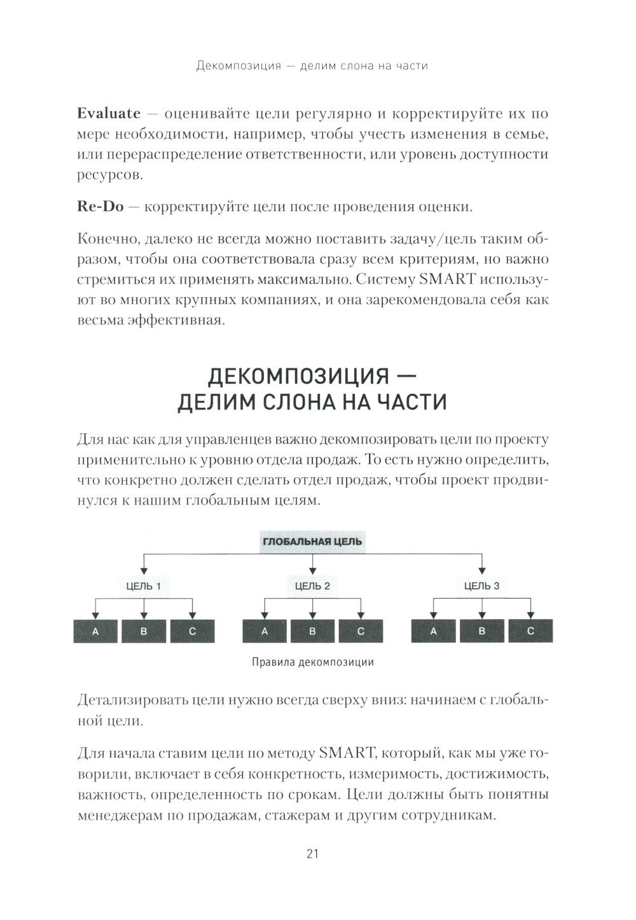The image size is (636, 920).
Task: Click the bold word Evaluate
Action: click(108, 114)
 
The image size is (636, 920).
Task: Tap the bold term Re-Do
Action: click(100, 207)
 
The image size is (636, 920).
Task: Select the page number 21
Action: click(312, 853)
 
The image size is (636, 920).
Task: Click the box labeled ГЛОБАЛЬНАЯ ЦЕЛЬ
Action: click(312, 541)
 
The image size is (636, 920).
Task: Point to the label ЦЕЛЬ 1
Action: click(144, 586)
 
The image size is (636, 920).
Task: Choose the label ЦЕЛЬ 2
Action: click(312, 586)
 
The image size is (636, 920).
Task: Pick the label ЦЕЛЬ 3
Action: click(481, 586)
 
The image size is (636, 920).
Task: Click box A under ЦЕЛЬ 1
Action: click(96, 631)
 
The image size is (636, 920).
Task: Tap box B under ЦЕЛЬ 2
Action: click(312, 631)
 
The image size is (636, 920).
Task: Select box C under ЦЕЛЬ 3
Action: click(530, 631)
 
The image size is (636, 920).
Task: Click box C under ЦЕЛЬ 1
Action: click(193, 631)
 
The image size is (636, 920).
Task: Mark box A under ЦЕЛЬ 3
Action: click(434, 631)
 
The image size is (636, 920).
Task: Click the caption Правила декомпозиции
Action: click(313, 662)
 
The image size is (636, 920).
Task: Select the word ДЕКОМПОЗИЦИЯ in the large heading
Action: click(298, 376)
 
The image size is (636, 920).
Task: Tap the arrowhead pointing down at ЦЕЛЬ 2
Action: click(312, 570)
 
